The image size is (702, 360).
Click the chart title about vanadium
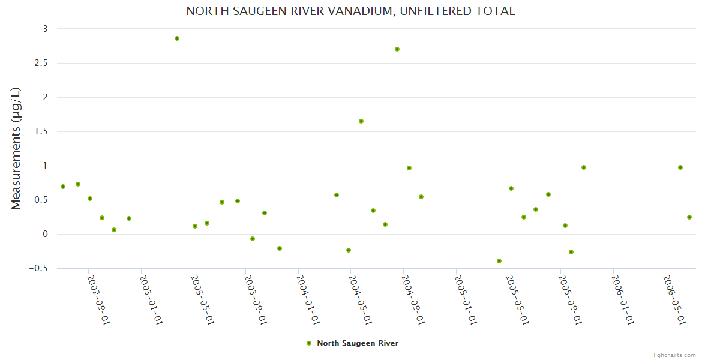(350, 11)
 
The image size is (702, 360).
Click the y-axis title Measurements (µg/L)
(16, 148)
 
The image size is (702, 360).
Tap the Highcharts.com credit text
(673, 355)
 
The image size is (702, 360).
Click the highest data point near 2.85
(177, 38)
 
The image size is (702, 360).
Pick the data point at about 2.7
(397, 49)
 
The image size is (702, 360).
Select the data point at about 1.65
(361, 121)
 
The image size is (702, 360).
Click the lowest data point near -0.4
(499, 261)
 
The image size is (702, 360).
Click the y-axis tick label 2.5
(41, 63)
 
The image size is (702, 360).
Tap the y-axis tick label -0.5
(38, 268)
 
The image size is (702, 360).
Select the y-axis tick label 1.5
(41, 131)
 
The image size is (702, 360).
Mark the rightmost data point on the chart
(689, 217)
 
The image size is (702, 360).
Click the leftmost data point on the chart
(63, 187)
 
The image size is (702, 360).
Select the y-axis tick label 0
(44, 234)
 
